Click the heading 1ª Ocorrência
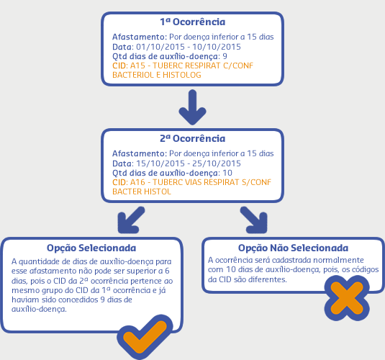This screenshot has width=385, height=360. [x=193, y=22]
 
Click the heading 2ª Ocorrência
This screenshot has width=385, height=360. [x=193, y=138]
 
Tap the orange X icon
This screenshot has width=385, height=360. [x=347, y=298]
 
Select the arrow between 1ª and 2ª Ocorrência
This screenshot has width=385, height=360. [x=193, y=107]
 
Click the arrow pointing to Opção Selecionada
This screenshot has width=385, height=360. [x=131, y=220]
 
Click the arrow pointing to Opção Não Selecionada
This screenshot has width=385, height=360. [x=253, y=220]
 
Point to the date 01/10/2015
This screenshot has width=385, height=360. [x=160, y=47]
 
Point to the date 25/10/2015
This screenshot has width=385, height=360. [x=217, y=163]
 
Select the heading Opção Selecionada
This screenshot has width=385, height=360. [x=91, y=248]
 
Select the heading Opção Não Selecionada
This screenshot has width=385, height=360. [x=293, y=248]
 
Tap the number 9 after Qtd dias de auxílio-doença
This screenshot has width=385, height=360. [x=225, y=56]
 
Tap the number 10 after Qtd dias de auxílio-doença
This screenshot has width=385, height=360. [x=227, y=173]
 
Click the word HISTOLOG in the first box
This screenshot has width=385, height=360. [x=181, y=75]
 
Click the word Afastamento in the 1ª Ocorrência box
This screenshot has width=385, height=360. [x=138, y=37]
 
